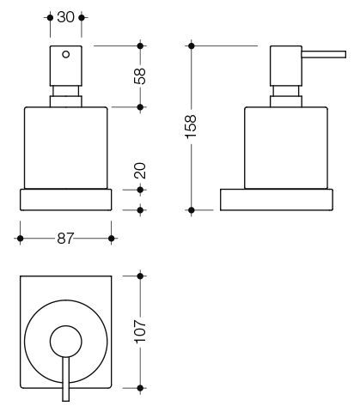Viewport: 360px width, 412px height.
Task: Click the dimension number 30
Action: [x=65, y=17]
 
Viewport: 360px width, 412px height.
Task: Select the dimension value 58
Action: [x=140, y=76]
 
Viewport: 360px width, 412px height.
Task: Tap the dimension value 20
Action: [x=140, y=171]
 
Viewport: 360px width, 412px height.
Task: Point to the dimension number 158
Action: [x=191, y=126]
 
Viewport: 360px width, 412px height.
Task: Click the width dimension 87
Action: [x=65, y=239]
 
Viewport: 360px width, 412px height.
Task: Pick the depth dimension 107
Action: [x=140, y=331]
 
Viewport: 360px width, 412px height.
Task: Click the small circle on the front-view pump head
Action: [x=66, y=54]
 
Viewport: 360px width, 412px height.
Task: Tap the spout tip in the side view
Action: [x=345, y=54]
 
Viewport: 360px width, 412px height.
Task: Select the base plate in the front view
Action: [x=65, y=200]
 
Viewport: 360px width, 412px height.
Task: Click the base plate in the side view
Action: [x=277, y=200]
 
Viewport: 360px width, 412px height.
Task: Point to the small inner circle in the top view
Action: [x=66, y=342]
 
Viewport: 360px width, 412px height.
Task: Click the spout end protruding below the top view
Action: [x=66, y=395]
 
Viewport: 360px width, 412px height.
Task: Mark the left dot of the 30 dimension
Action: [x=50, y=18]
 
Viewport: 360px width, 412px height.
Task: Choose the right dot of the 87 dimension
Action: [x=112, y=239]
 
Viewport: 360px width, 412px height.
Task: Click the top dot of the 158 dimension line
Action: [x=192, y=45]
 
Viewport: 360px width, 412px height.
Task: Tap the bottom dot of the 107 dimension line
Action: [x=140, y=388]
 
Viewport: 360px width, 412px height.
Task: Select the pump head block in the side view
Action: [x=286, y=66]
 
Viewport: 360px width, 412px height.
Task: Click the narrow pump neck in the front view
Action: [x=66, y=91]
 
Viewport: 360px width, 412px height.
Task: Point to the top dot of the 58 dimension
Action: [x=140, y=45]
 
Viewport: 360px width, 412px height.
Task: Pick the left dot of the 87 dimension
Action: [x=20, y=239]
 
